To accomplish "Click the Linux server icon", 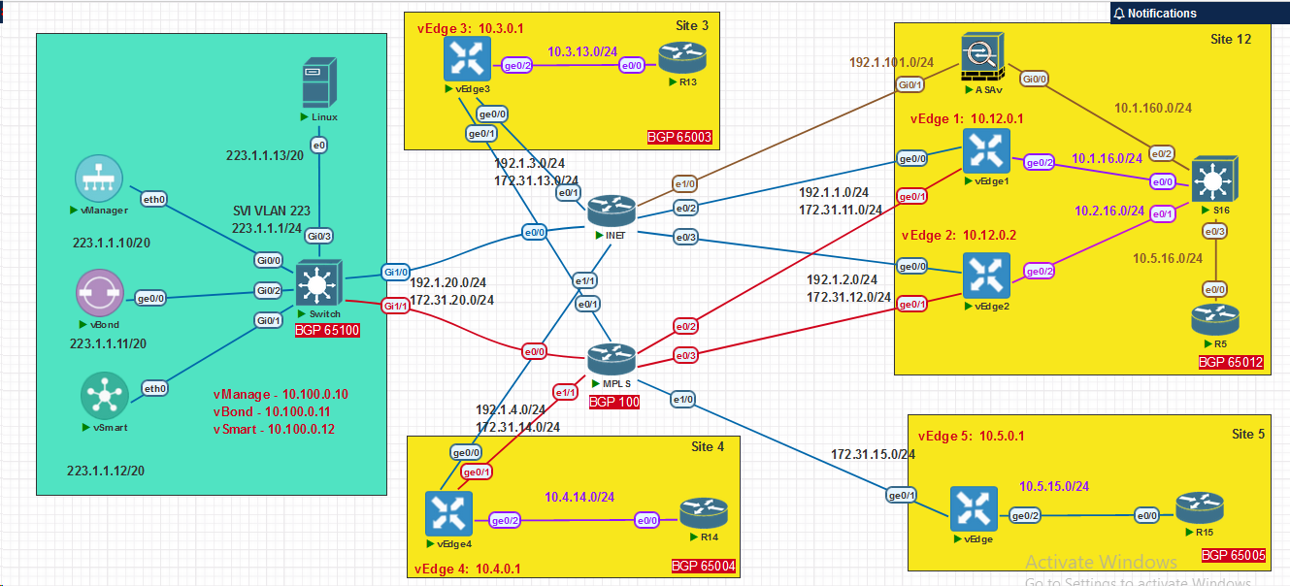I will pos(318,82).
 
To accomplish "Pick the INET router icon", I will pos(611,208).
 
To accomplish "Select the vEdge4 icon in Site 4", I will pos(449,513).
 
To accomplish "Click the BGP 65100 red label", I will pos(327,331).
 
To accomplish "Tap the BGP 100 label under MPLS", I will pos(614,402).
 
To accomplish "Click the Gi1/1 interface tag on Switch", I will pos(394,307).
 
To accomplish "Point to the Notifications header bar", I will pos(1200,13).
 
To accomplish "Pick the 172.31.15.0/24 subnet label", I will pos(874,454).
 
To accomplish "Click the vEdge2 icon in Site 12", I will pos(986,276).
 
